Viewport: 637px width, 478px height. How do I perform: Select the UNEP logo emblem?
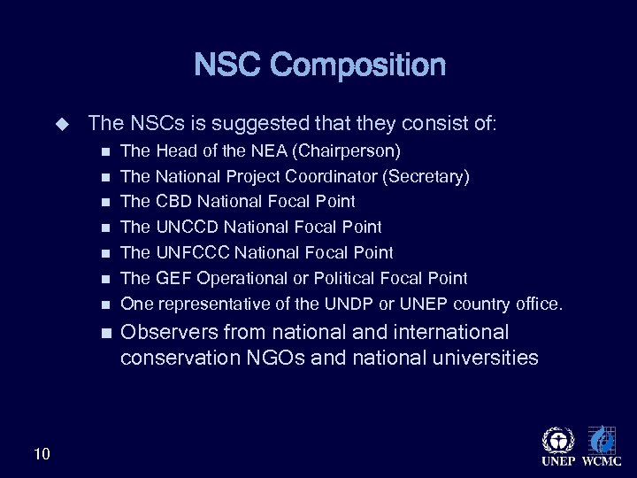pos(557,440)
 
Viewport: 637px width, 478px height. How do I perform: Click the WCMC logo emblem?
pos(602,440)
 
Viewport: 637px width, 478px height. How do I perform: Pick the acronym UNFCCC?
pos(190,253)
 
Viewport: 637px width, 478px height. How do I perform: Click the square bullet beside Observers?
pos(106,334)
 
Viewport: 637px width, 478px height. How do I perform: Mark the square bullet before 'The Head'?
pos(106,150)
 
